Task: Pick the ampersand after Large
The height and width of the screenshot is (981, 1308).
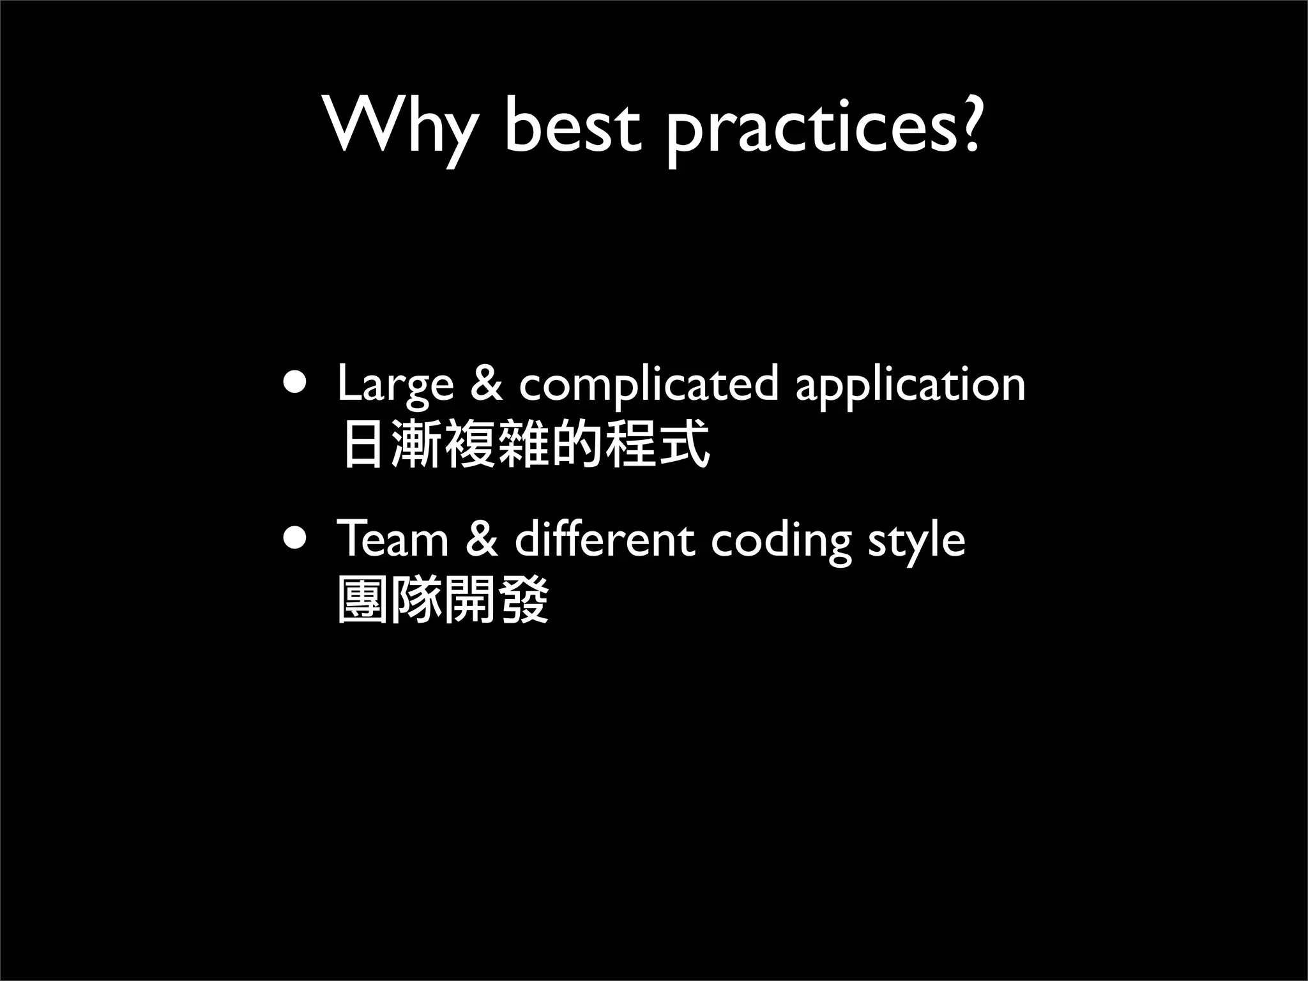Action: pyautogui.click(x=486, y=384)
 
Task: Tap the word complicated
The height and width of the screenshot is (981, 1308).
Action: pyautogui.click(x=648, y=386)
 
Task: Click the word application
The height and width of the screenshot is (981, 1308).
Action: pyautogui.click(x=910, y=386)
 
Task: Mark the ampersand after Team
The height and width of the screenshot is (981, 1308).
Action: pyautogui.click(x=482, y=540)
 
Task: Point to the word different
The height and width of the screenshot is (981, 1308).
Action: pyautogui.click(x=604, y=540)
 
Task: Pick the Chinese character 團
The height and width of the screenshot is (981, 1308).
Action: pyautogui.click(x=363, y=600)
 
